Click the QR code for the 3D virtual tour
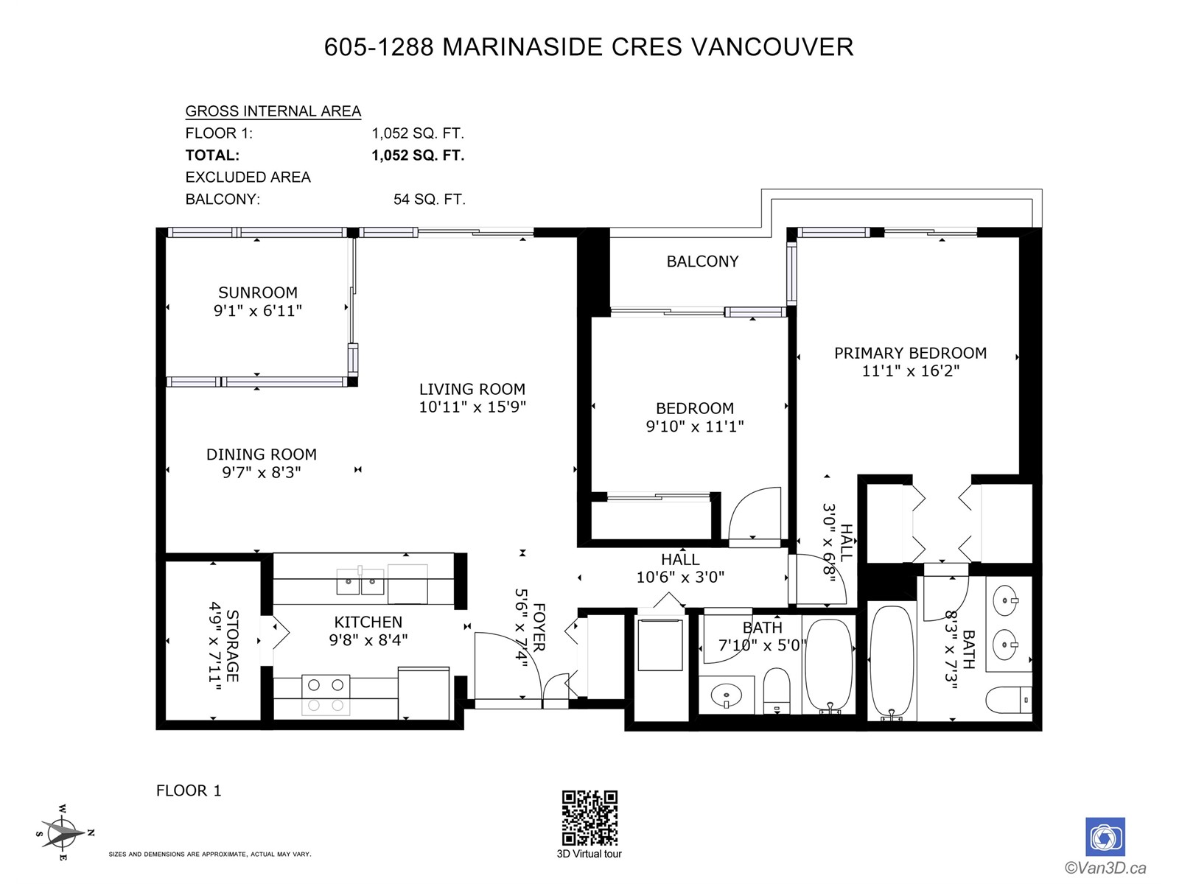tap(589, 818)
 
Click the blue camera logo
tap(1105, 837)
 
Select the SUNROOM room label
tap(258, 292)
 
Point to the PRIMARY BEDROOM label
tap(911, 353)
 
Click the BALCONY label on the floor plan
tap(702, 262)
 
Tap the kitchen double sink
tap(360, 580)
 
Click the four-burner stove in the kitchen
tap(326, 695)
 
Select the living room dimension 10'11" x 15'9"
tap(472, 407)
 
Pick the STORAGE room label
tap(232, 646)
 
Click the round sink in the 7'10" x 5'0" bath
tap(727, 695)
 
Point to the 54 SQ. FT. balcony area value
tap(429, 200)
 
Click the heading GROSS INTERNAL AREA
tap(273, 111)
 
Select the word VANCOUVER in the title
tap(772, 46)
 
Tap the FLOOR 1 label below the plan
tap(189, 790)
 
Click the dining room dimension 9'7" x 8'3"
tap(262, 472)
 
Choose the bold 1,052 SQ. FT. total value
tap(418, 155)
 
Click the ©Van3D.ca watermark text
tap(1105, 868)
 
